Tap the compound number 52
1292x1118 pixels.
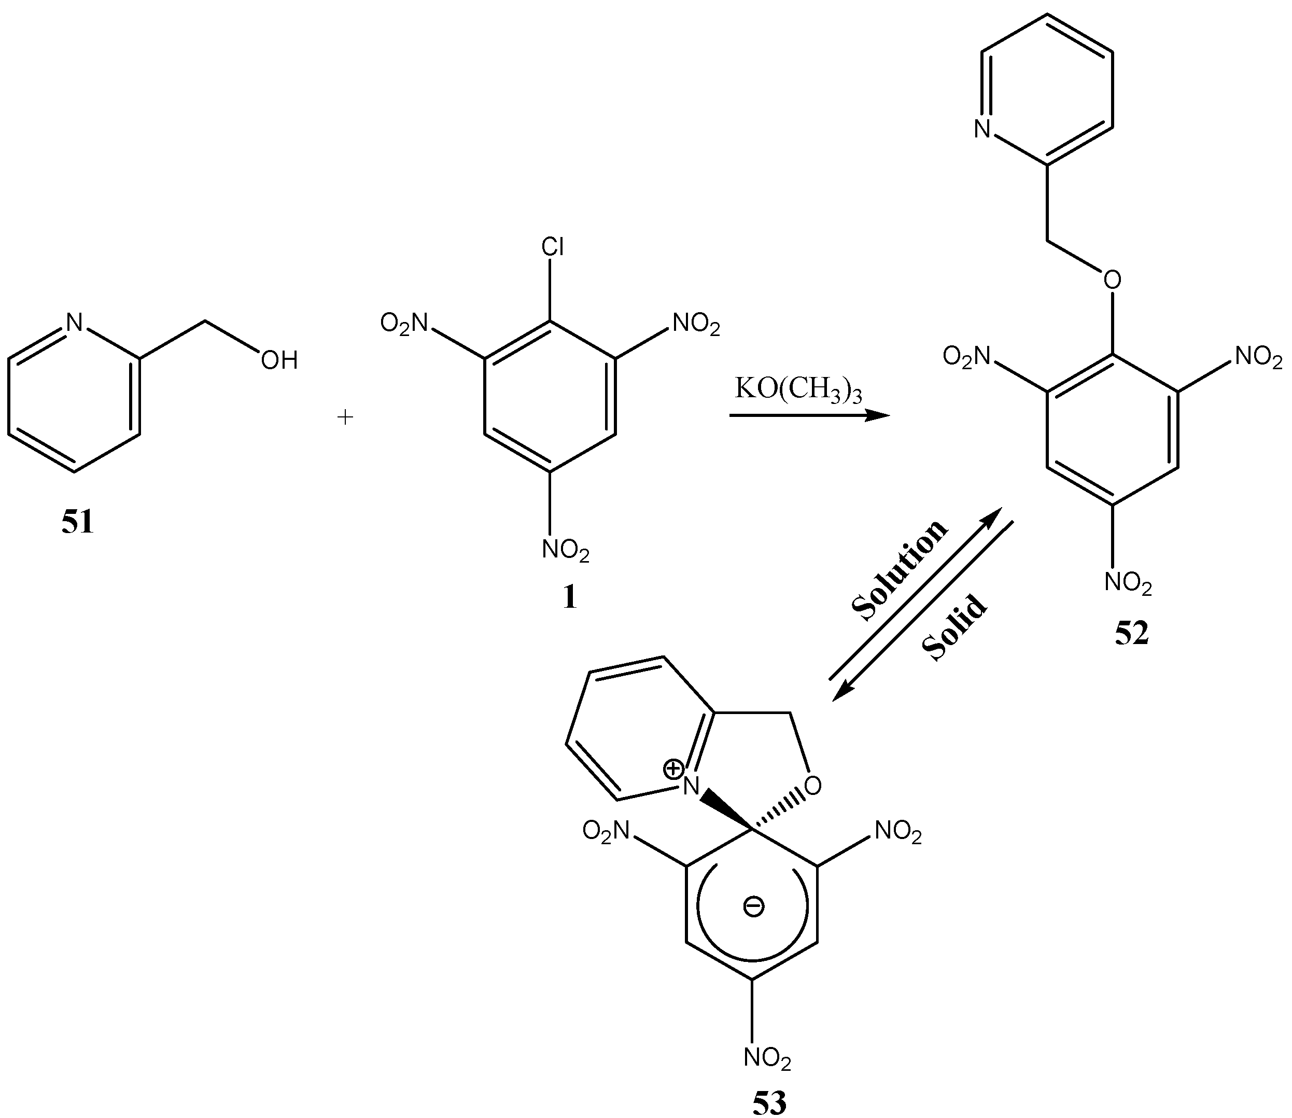[x=1132, y=634]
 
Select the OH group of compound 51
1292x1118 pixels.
[x=279, y=360]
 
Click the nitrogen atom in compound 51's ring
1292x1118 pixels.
[x=74, y=322]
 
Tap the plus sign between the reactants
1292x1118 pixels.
[x=345, y=417]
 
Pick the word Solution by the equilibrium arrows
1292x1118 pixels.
[x=900, y=571]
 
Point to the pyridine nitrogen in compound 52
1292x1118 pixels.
[x=982, y=129]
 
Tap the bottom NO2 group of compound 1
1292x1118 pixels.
[x=565, y=550]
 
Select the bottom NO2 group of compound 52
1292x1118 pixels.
[x=1128, y=583]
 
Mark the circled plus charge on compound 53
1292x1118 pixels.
[x=673, y=768]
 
